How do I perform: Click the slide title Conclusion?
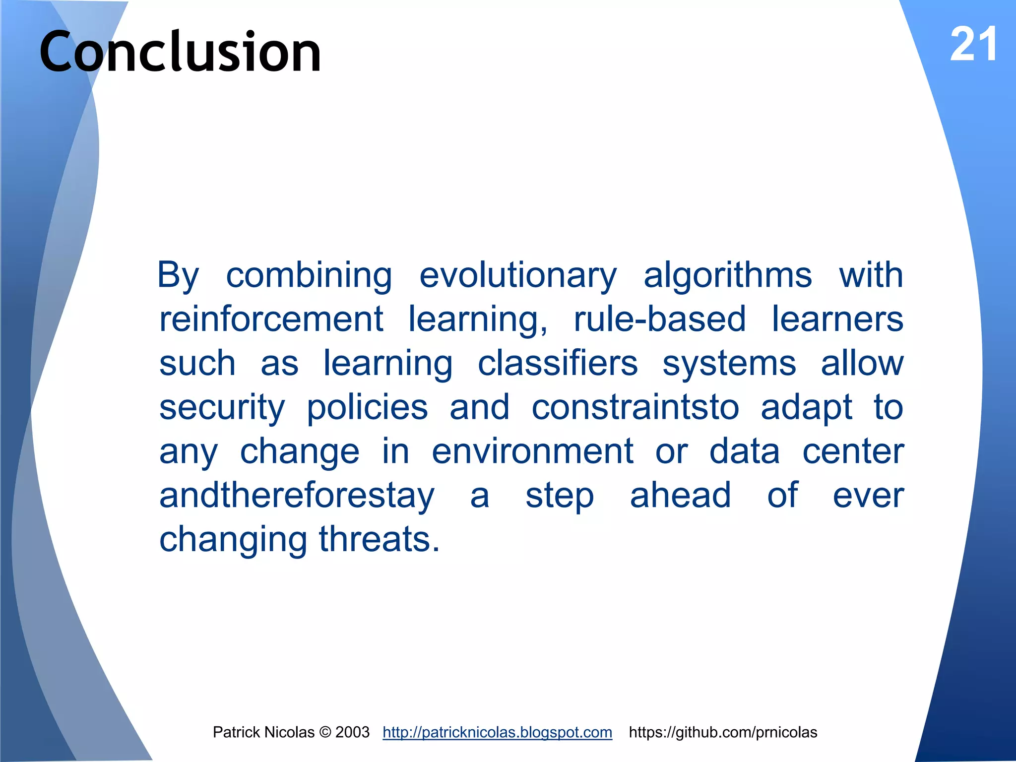coord(180,51)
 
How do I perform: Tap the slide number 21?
coord(973,45)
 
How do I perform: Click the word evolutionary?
coord(518,275)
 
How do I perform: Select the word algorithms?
coord(728,275)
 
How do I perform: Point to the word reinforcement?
coord(271,319)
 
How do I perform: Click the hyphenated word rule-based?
coord(660,319)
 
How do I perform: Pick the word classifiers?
coord(558,363)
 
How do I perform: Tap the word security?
coord(222,407)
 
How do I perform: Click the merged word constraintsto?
coord(635,407)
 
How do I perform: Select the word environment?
coord(532,451)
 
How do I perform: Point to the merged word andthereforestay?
coord(297,495)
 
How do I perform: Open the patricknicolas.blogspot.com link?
coord(497,732)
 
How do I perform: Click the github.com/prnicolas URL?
coord(723,732)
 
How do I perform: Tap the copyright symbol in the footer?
coord(325,732)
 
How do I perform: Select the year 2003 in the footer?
coord(352,732)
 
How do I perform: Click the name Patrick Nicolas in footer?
coord(263,732)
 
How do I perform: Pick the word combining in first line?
coord(309,275)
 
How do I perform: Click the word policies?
coord(367,407)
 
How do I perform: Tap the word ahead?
coord(680,495)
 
